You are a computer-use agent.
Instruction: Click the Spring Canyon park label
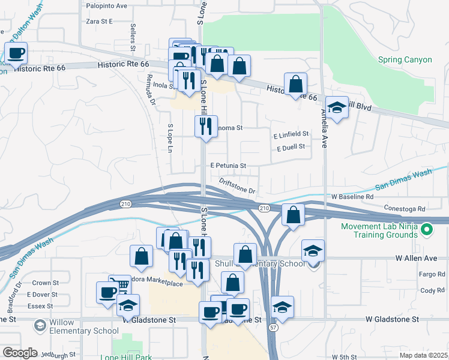tap(405, 59)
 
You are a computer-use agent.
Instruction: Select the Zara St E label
tap(100, 21)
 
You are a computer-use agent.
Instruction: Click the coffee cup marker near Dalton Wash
tap(16, 54)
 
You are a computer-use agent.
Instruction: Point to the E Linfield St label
tap(291, 134)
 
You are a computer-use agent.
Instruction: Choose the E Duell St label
tap(291, 146)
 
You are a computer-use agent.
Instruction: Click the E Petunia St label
tap(228, 165)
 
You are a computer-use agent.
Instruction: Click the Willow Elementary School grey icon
tap(40, 325)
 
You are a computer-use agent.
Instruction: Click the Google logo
tap(20, 353)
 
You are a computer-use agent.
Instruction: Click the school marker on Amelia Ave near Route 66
tap(337, 108)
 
